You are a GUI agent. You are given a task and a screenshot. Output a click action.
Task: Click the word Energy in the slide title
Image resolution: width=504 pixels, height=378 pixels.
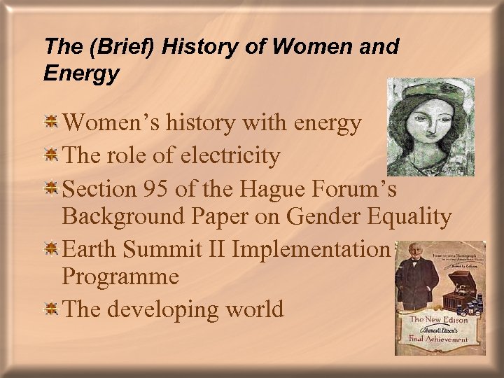pos(81,73)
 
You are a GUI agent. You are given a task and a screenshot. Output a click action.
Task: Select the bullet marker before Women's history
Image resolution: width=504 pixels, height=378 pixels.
pos(51,123)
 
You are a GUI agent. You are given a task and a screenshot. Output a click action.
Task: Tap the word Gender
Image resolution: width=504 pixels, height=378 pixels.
pos(325,217)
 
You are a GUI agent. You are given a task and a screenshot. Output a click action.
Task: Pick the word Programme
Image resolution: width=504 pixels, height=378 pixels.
pos(120,276)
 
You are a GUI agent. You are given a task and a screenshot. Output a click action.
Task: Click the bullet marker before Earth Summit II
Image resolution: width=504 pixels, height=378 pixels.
pos(51,248)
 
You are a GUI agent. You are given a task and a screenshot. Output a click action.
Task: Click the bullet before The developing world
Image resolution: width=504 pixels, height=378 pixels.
pos(51,309)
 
